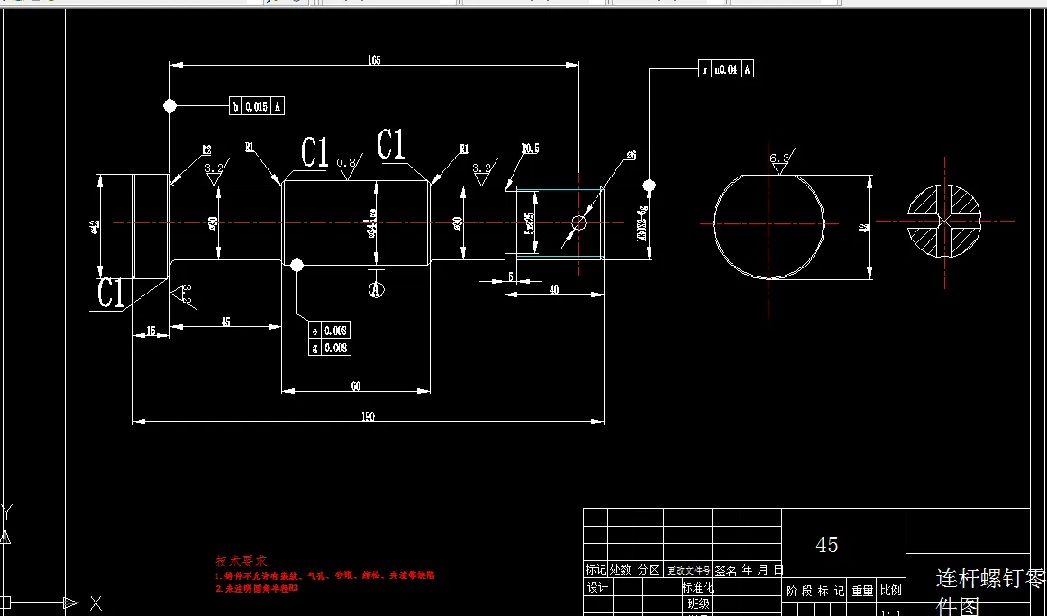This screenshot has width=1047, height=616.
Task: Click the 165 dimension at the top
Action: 374,60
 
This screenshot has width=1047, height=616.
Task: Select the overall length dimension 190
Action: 368,416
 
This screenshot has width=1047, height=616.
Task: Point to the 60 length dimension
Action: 356,385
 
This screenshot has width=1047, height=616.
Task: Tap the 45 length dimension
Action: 225,322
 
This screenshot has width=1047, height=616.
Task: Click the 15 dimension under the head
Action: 151,331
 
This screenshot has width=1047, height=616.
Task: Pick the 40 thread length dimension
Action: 553,289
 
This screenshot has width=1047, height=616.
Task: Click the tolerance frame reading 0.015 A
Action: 257,106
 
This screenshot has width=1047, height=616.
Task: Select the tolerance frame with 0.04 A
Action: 726,69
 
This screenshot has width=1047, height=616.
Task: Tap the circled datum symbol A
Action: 376,289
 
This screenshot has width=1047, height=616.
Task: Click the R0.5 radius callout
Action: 530,149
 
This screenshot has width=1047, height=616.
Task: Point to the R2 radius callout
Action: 205,149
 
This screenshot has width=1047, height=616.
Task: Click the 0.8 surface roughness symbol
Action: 346,163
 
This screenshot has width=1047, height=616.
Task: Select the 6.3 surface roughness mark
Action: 779,159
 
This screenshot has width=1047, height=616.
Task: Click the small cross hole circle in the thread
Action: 578,222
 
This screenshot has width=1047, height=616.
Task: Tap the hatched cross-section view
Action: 943,221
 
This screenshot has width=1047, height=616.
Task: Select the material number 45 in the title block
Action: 826,544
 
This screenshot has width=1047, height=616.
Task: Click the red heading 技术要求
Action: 241,560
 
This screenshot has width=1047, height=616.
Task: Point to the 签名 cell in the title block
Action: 726,569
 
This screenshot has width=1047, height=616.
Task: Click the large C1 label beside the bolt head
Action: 111,293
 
